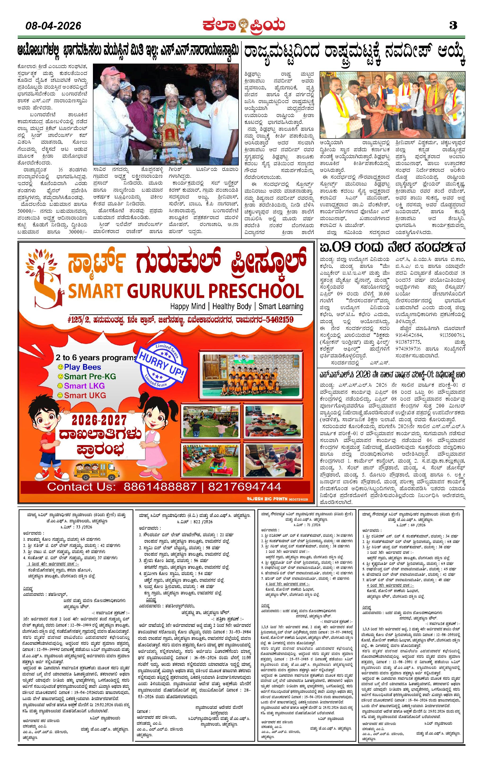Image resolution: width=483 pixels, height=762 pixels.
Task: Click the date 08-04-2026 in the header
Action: pyautogui.click(x=53, y=26)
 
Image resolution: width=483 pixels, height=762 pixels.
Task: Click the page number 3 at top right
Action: pyautogui.click(x=453, y=25)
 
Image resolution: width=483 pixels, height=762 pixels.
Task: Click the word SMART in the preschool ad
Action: pyautogui.click(x=95, y=291)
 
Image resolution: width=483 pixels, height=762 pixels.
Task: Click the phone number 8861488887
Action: pyautogui.click(x=160, y=486)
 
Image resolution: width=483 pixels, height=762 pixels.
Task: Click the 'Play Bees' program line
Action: pyautogui.click(x=82, y=367)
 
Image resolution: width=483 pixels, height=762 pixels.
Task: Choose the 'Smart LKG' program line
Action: pyautogui.click(x=84, y=386)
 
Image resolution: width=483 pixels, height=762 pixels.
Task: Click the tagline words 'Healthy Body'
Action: pyautogui.click(x=232, y=306)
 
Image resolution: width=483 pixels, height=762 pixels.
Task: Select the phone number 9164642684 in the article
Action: pyautogui.click(x=409, y=335)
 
